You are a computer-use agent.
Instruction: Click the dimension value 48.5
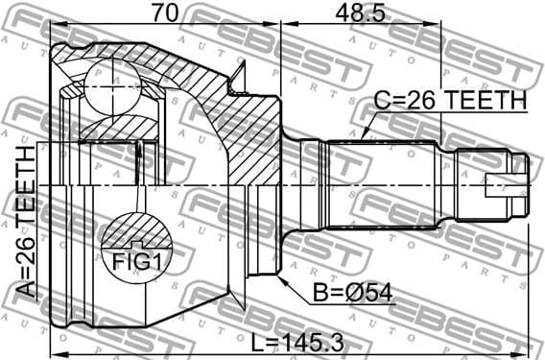[x=361, y=12]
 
